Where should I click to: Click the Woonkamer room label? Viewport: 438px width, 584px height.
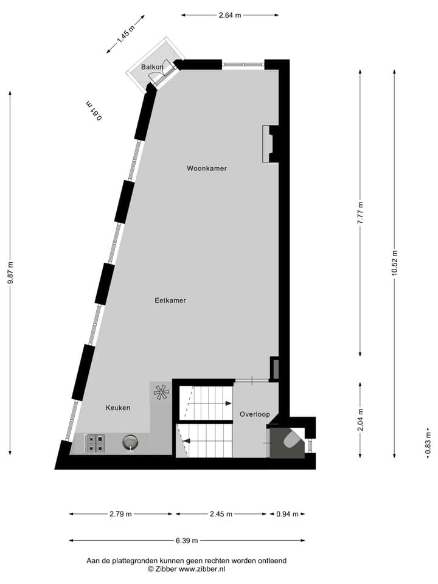point(207,169)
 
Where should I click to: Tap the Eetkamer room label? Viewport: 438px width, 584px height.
point(170,301)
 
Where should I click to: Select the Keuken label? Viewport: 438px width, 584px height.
point(118,408)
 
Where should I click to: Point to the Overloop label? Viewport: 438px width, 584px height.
point(254,414)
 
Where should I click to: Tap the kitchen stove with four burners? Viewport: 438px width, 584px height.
point(95,443)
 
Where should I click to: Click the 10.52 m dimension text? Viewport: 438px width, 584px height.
point(395,263)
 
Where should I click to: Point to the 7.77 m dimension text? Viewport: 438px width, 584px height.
point(360,214)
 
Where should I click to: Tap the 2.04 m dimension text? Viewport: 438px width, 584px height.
point(360,420)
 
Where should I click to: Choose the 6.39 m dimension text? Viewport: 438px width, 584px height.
point(187,540)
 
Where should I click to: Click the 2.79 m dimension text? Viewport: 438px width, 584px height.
point(120,514)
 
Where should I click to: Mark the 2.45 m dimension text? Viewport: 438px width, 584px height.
point(221,514)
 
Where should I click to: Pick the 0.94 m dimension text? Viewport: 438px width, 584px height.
point(287,514)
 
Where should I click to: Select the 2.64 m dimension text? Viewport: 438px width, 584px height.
point(229,15)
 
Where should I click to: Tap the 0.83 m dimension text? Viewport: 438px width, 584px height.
point(428,442)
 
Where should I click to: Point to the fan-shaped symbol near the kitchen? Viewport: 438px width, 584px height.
point(161,392)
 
